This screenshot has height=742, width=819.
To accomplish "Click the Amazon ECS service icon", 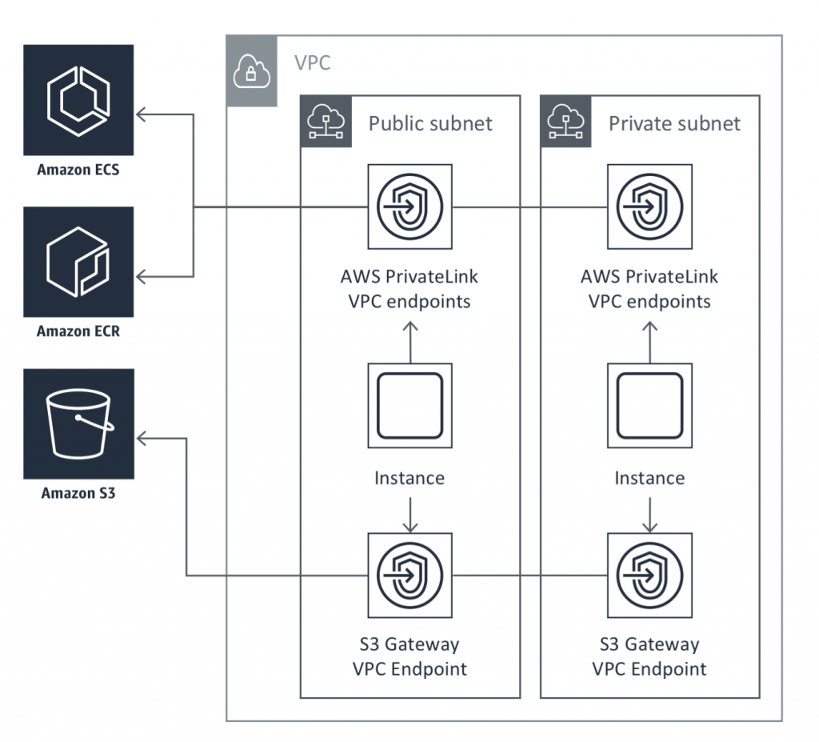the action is [78, 100].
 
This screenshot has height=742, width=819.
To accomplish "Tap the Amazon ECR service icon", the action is [78, 262].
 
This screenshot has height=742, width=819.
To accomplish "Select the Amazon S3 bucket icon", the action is [78, 423].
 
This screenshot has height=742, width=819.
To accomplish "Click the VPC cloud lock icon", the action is [252, 71].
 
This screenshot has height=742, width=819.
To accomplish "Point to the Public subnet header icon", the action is [326, 122].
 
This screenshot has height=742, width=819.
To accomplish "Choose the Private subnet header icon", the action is [565, 122].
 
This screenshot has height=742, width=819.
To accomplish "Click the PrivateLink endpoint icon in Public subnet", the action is [410, 207].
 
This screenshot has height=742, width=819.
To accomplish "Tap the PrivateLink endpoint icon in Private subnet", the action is [649, 207].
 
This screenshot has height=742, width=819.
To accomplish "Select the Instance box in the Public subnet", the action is [410, 406].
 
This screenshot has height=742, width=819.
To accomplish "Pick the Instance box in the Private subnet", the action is [649, 406].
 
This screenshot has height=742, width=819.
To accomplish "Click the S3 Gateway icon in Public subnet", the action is [410, 576].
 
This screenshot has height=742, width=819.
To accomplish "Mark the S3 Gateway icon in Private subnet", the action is [649, 576].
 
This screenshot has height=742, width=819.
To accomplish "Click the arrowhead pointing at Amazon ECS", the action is [141, 114].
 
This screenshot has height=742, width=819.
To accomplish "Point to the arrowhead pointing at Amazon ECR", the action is [141, 277].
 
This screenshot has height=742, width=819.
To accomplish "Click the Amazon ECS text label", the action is [78, 170].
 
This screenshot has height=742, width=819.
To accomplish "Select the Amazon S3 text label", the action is [78, 493].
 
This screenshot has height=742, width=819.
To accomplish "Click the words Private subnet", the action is [674, 123].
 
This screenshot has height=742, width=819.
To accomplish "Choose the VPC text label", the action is [313, 62].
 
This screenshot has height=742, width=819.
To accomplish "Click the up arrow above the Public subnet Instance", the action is [410, 343].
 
